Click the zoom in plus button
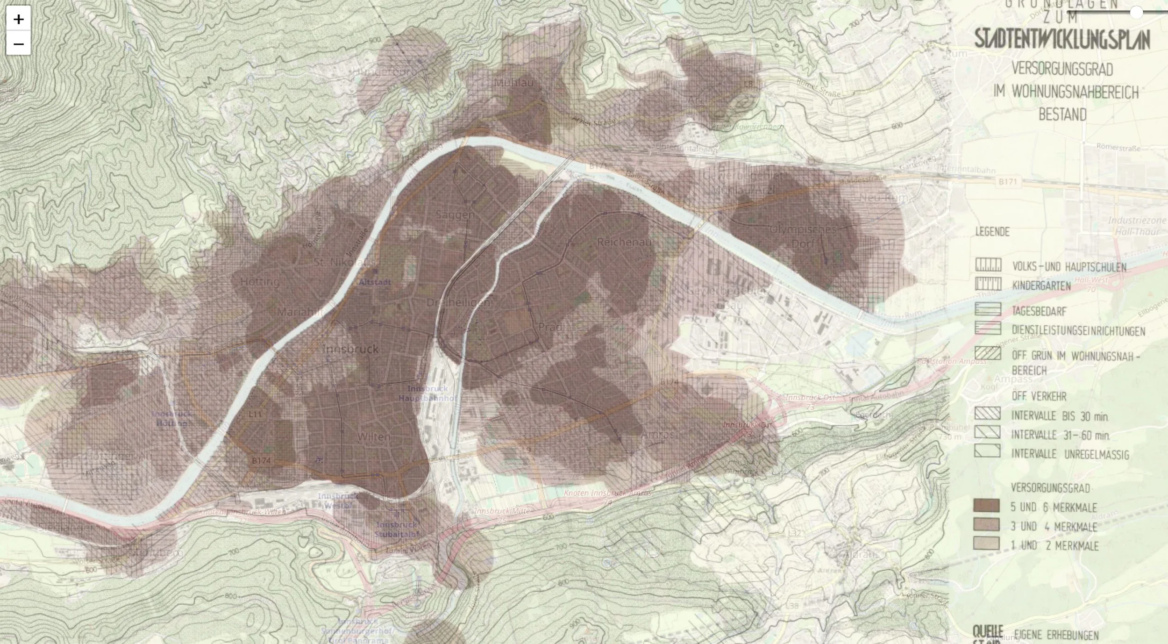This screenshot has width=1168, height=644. [18, 19]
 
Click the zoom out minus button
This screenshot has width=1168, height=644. [18, 44]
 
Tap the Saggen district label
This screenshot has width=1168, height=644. [455, 215]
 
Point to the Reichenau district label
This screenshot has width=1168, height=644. [624, 242]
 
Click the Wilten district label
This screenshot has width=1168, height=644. [374, 437]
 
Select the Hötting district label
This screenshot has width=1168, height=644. [260, 282]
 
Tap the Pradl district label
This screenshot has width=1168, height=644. [550, 327]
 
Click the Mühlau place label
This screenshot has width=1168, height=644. [513, 83]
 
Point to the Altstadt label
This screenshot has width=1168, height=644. [375, 282]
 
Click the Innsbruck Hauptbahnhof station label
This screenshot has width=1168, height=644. [427, 394]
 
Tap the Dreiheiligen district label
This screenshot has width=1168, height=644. [458, 303]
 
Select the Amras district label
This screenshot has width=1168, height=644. [658, 435]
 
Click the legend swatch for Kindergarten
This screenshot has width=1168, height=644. [988, 284]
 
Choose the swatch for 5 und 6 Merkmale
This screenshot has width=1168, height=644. [986, 506]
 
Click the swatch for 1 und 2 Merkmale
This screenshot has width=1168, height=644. [986, 544]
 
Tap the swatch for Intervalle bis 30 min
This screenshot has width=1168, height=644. [987, 414]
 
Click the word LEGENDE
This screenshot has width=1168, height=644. [992, 232]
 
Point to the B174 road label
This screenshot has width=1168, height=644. [261, 461]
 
